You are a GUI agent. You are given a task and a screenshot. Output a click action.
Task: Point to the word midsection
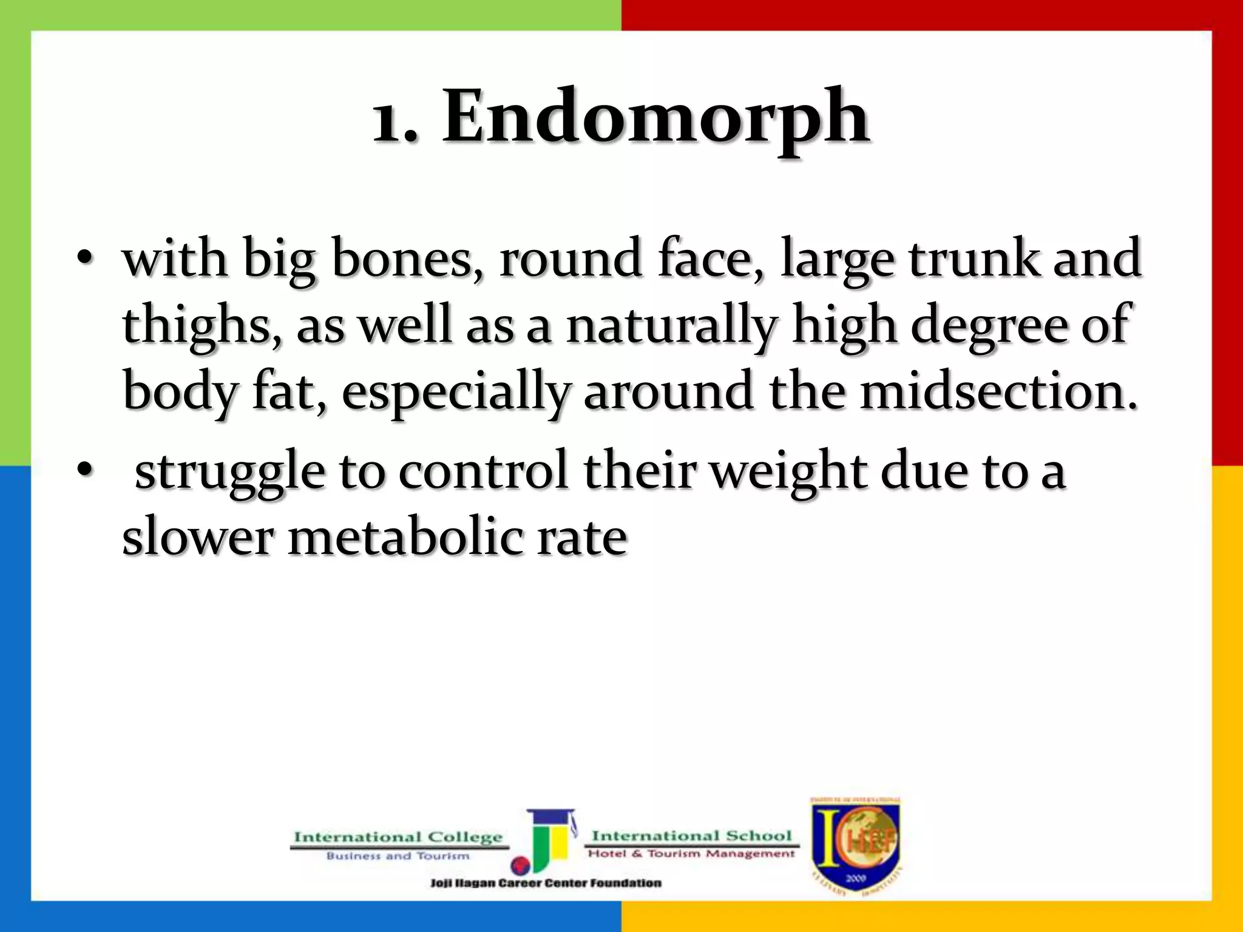(x=999, y=392)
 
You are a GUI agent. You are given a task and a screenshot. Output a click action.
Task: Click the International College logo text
(x=398, y=839)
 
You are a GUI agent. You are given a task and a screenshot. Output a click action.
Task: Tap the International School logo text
(x=692, y=836)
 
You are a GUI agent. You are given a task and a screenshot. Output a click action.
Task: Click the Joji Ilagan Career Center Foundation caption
(x=546, y=883)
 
